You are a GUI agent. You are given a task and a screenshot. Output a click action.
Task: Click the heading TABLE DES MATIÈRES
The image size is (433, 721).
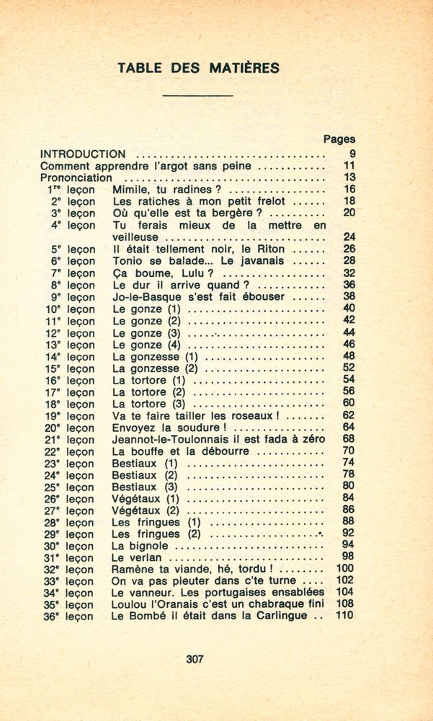click(199, 68)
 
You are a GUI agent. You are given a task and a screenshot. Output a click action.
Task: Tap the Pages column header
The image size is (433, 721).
click(339, 139)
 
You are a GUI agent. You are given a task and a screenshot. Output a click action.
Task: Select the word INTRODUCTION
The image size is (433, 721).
click(83, 154)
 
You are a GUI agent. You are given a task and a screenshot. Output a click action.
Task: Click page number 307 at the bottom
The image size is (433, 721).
click(195, 658)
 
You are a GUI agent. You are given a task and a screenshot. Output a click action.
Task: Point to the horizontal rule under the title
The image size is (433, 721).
click(198, 96)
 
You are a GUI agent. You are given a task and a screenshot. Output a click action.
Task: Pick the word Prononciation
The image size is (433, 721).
click(76, 177)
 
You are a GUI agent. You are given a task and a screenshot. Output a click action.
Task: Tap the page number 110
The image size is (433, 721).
click(345, 616)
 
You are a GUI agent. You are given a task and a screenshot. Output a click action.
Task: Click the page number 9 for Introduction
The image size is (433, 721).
click(352, 154)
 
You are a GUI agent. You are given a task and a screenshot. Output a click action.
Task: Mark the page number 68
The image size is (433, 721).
click(349, 439)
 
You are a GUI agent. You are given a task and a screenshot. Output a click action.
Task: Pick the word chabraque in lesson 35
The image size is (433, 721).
click(266, 604)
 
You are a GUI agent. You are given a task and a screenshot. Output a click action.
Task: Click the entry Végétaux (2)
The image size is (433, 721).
click(146, 510)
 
